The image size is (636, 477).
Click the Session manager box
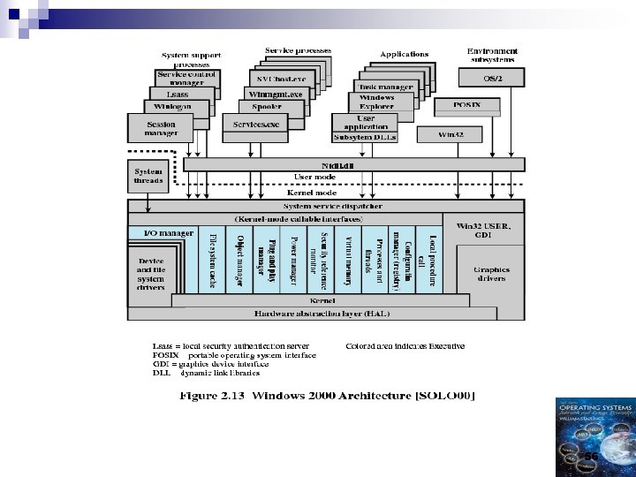point(161,129)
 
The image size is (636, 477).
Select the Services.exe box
point(256,125)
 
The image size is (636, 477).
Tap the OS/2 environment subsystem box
point(494,79)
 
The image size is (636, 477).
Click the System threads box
point(148,176)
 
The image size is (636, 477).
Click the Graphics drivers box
point(491,276)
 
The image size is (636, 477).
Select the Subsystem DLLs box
point(365,138)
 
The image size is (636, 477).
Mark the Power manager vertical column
point(292,262)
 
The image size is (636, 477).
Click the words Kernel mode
point(313,191)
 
